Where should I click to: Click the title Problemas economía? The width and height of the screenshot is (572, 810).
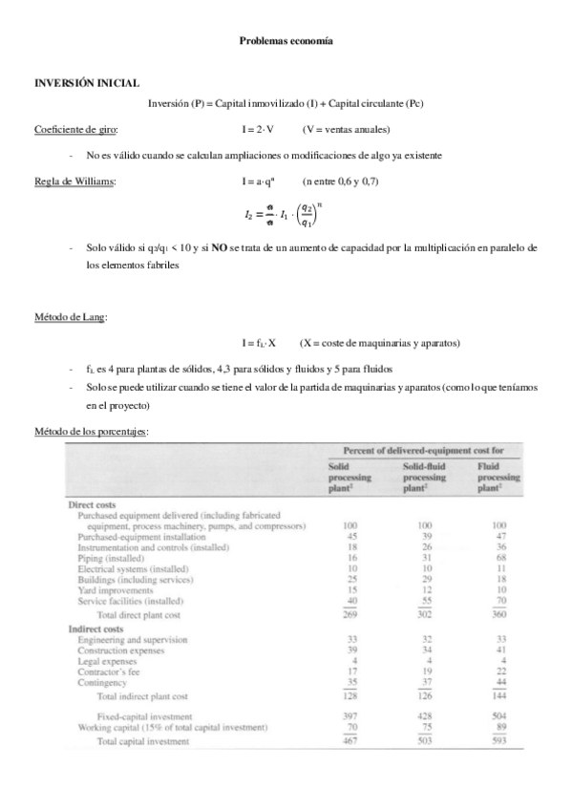(x=286, y=42)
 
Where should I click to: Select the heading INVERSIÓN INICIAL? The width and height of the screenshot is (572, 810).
(x=87, y=84)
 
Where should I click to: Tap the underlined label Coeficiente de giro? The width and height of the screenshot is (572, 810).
(x=76, y=129)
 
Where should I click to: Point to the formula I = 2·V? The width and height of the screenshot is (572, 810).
(x=259, y=129)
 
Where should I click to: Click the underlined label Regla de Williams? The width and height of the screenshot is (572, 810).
(x=73, y=181)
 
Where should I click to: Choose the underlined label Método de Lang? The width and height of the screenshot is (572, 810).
(x=71, y=316)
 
